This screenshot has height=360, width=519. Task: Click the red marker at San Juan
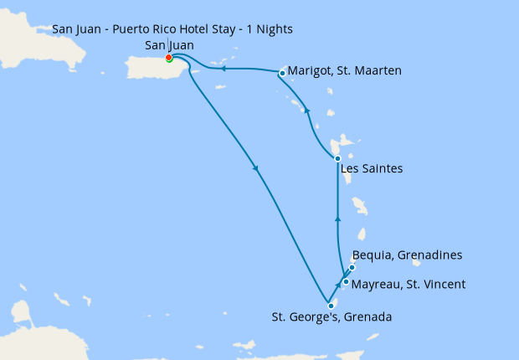click(169, 58)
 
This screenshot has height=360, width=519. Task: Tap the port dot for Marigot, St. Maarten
click(282, 73)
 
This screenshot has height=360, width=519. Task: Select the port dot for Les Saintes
click(337, 158)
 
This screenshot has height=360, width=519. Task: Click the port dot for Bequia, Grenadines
click(352, 267)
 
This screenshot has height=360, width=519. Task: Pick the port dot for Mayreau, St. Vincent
click(346, 281)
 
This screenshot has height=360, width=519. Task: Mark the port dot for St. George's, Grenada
click(331, 306)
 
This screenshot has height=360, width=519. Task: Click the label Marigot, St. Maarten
click(344, 71)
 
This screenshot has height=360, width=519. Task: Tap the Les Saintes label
click(373, 169)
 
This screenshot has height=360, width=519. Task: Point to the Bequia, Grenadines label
click(408, 255)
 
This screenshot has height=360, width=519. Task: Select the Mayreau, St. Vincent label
click(409, 285)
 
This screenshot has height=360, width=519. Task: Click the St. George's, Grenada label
click(331, 317)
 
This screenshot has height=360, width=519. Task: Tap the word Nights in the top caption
click(274, 29)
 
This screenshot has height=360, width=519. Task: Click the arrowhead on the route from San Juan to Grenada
click(255, 168)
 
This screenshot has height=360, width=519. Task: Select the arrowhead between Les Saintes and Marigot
click(307, 111)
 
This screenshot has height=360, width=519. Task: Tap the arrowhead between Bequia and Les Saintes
click(337, 219)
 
